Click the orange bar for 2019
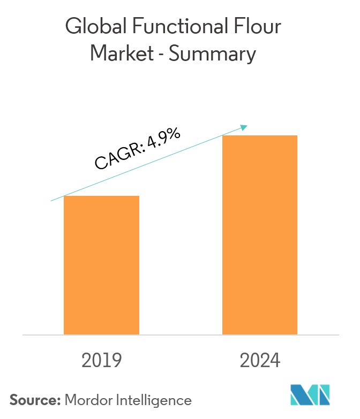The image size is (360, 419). pyautogui.click(x=101, y=265)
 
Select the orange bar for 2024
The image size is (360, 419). pyautogui.click(x=260, y=235)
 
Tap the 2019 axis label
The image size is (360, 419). pyautogui.click(x=101, y=360)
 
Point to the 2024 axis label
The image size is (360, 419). pyautogui.click(x=260, y=360)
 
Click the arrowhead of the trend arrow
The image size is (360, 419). pyautogui.click(x=245, y=127)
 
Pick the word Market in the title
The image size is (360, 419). pyautogui.click(x=118, y=54)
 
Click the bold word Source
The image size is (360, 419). pyautogui.click(x=35, y=399)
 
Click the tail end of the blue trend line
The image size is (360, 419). pyautogui.click(x=51, y=201)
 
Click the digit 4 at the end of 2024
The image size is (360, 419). pyautogui.click(x=274, y=360)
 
